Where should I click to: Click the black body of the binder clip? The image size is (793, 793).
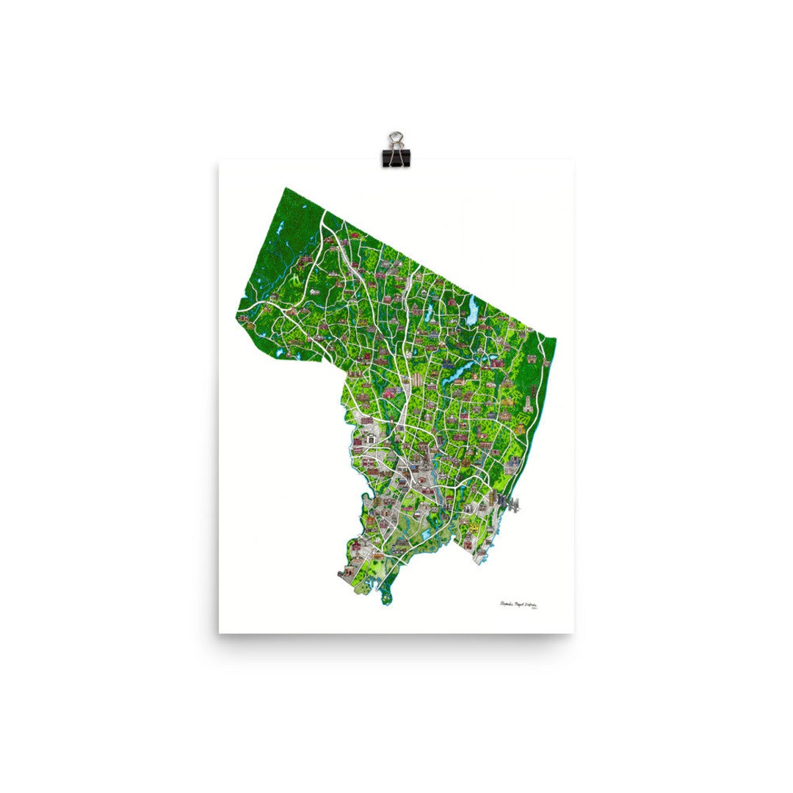point(396,156)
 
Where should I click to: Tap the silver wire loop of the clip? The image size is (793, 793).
point(396,139)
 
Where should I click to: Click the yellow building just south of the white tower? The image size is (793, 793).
point(519,424)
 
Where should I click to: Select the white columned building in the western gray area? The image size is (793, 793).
point(372,439)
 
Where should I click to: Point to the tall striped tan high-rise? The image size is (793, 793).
point(417,379)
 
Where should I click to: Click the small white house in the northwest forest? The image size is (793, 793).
point(314,291)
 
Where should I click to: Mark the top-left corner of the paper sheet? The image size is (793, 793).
point(219,163)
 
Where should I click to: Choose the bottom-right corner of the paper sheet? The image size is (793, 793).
point(573,633)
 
